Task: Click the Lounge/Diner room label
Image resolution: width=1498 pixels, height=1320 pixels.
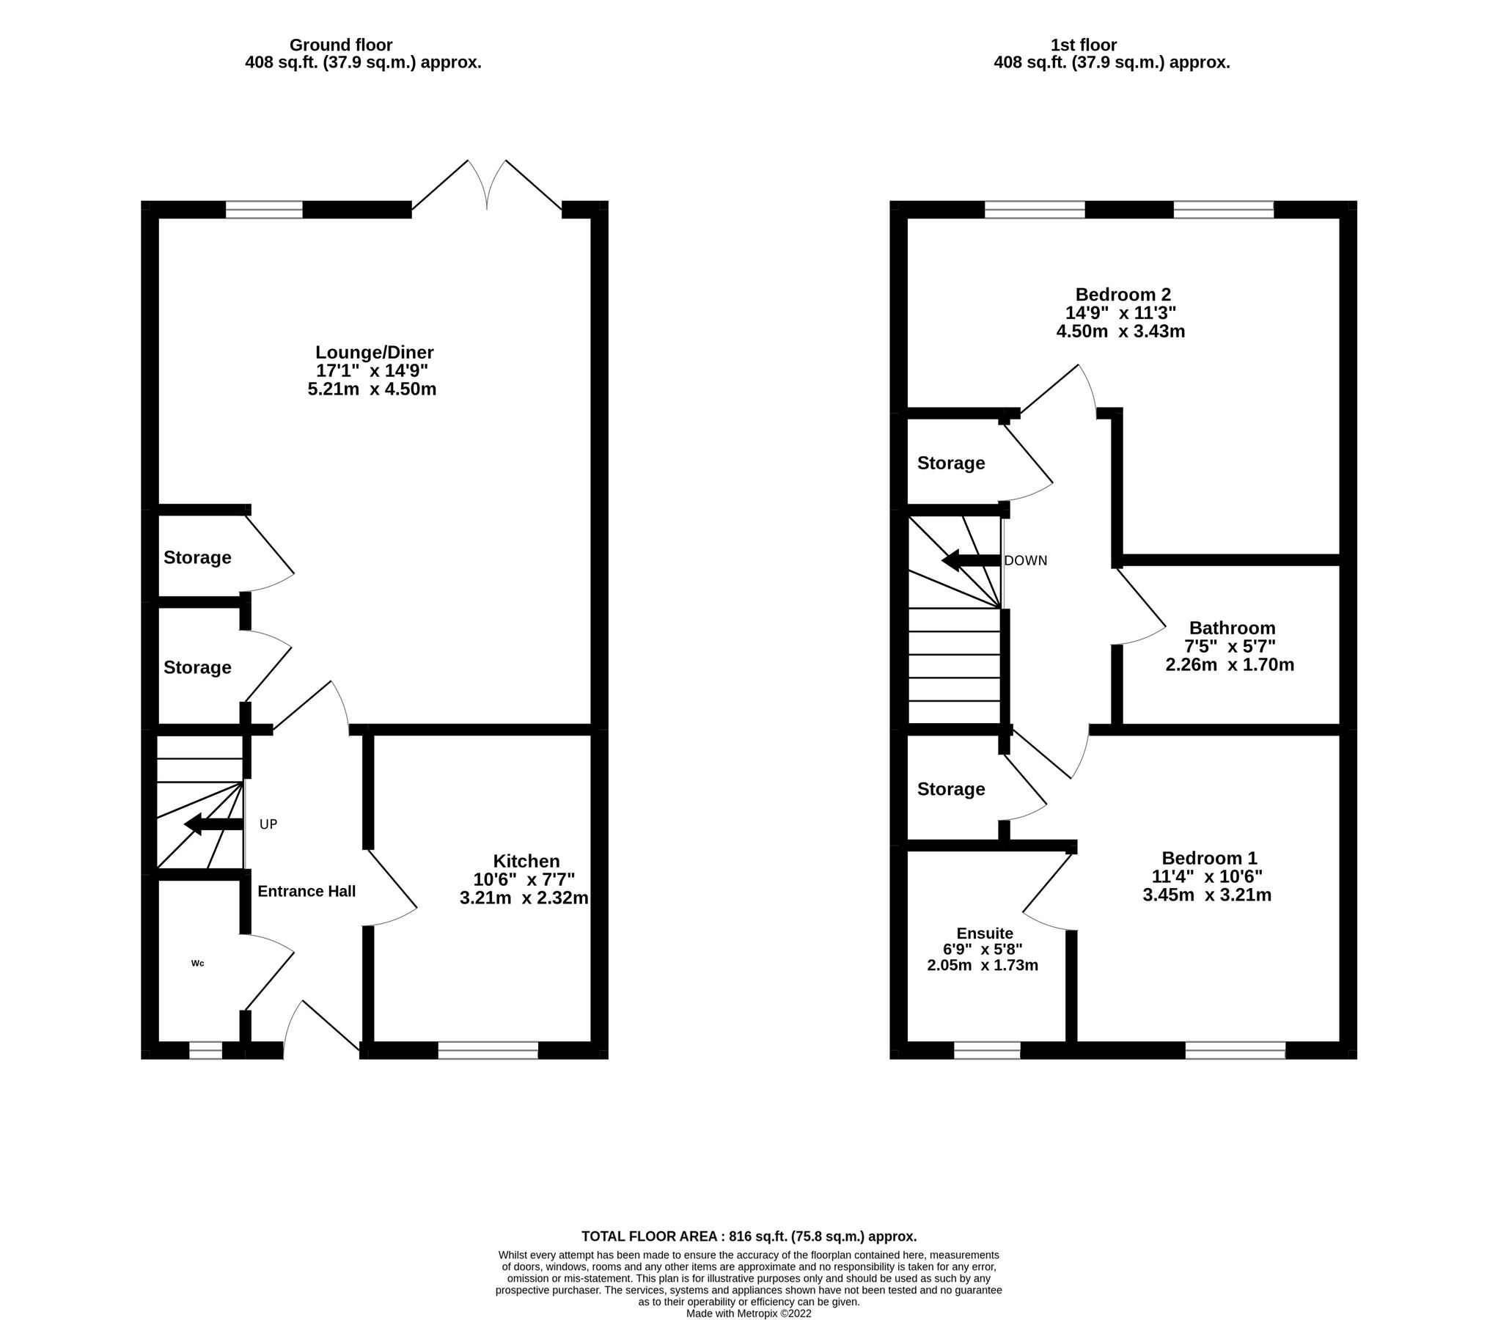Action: pos(374,352)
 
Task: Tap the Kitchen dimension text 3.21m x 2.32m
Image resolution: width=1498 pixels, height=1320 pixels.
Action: pos(524,898)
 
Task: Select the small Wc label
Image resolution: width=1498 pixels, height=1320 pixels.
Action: pos(197,963)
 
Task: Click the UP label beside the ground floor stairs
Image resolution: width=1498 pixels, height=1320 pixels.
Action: pos(268,824)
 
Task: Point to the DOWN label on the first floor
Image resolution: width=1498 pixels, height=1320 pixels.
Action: pos(1025,561)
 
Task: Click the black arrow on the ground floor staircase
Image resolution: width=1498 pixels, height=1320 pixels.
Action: pos(213,824)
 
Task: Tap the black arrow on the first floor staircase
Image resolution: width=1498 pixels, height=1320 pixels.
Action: pos(970,561)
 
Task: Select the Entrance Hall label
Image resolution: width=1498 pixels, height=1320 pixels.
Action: pos(306,891)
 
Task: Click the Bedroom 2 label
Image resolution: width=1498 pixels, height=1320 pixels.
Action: pos(1123,295)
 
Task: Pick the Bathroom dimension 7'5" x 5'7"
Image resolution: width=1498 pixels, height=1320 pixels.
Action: pos(1230,646)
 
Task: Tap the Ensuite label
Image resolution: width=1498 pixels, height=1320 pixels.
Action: pos(984,933)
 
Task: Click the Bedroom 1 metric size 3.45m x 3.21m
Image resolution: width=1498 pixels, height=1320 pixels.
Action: pos(1206,895)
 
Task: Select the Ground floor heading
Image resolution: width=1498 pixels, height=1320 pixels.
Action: pos(340,45)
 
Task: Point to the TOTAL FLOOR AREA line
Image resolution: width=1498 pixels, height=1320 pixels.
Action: pos(749,1236)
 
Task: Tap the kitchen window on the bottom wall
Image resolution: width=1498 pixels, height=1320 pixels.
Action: pos(488,1050)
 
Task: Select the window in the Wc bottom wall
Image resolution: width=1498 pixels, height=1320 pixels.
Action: pos(205,1050)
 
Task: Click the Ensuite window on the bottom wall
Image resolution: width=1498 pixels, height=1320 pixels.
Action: pos(986,1050)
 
